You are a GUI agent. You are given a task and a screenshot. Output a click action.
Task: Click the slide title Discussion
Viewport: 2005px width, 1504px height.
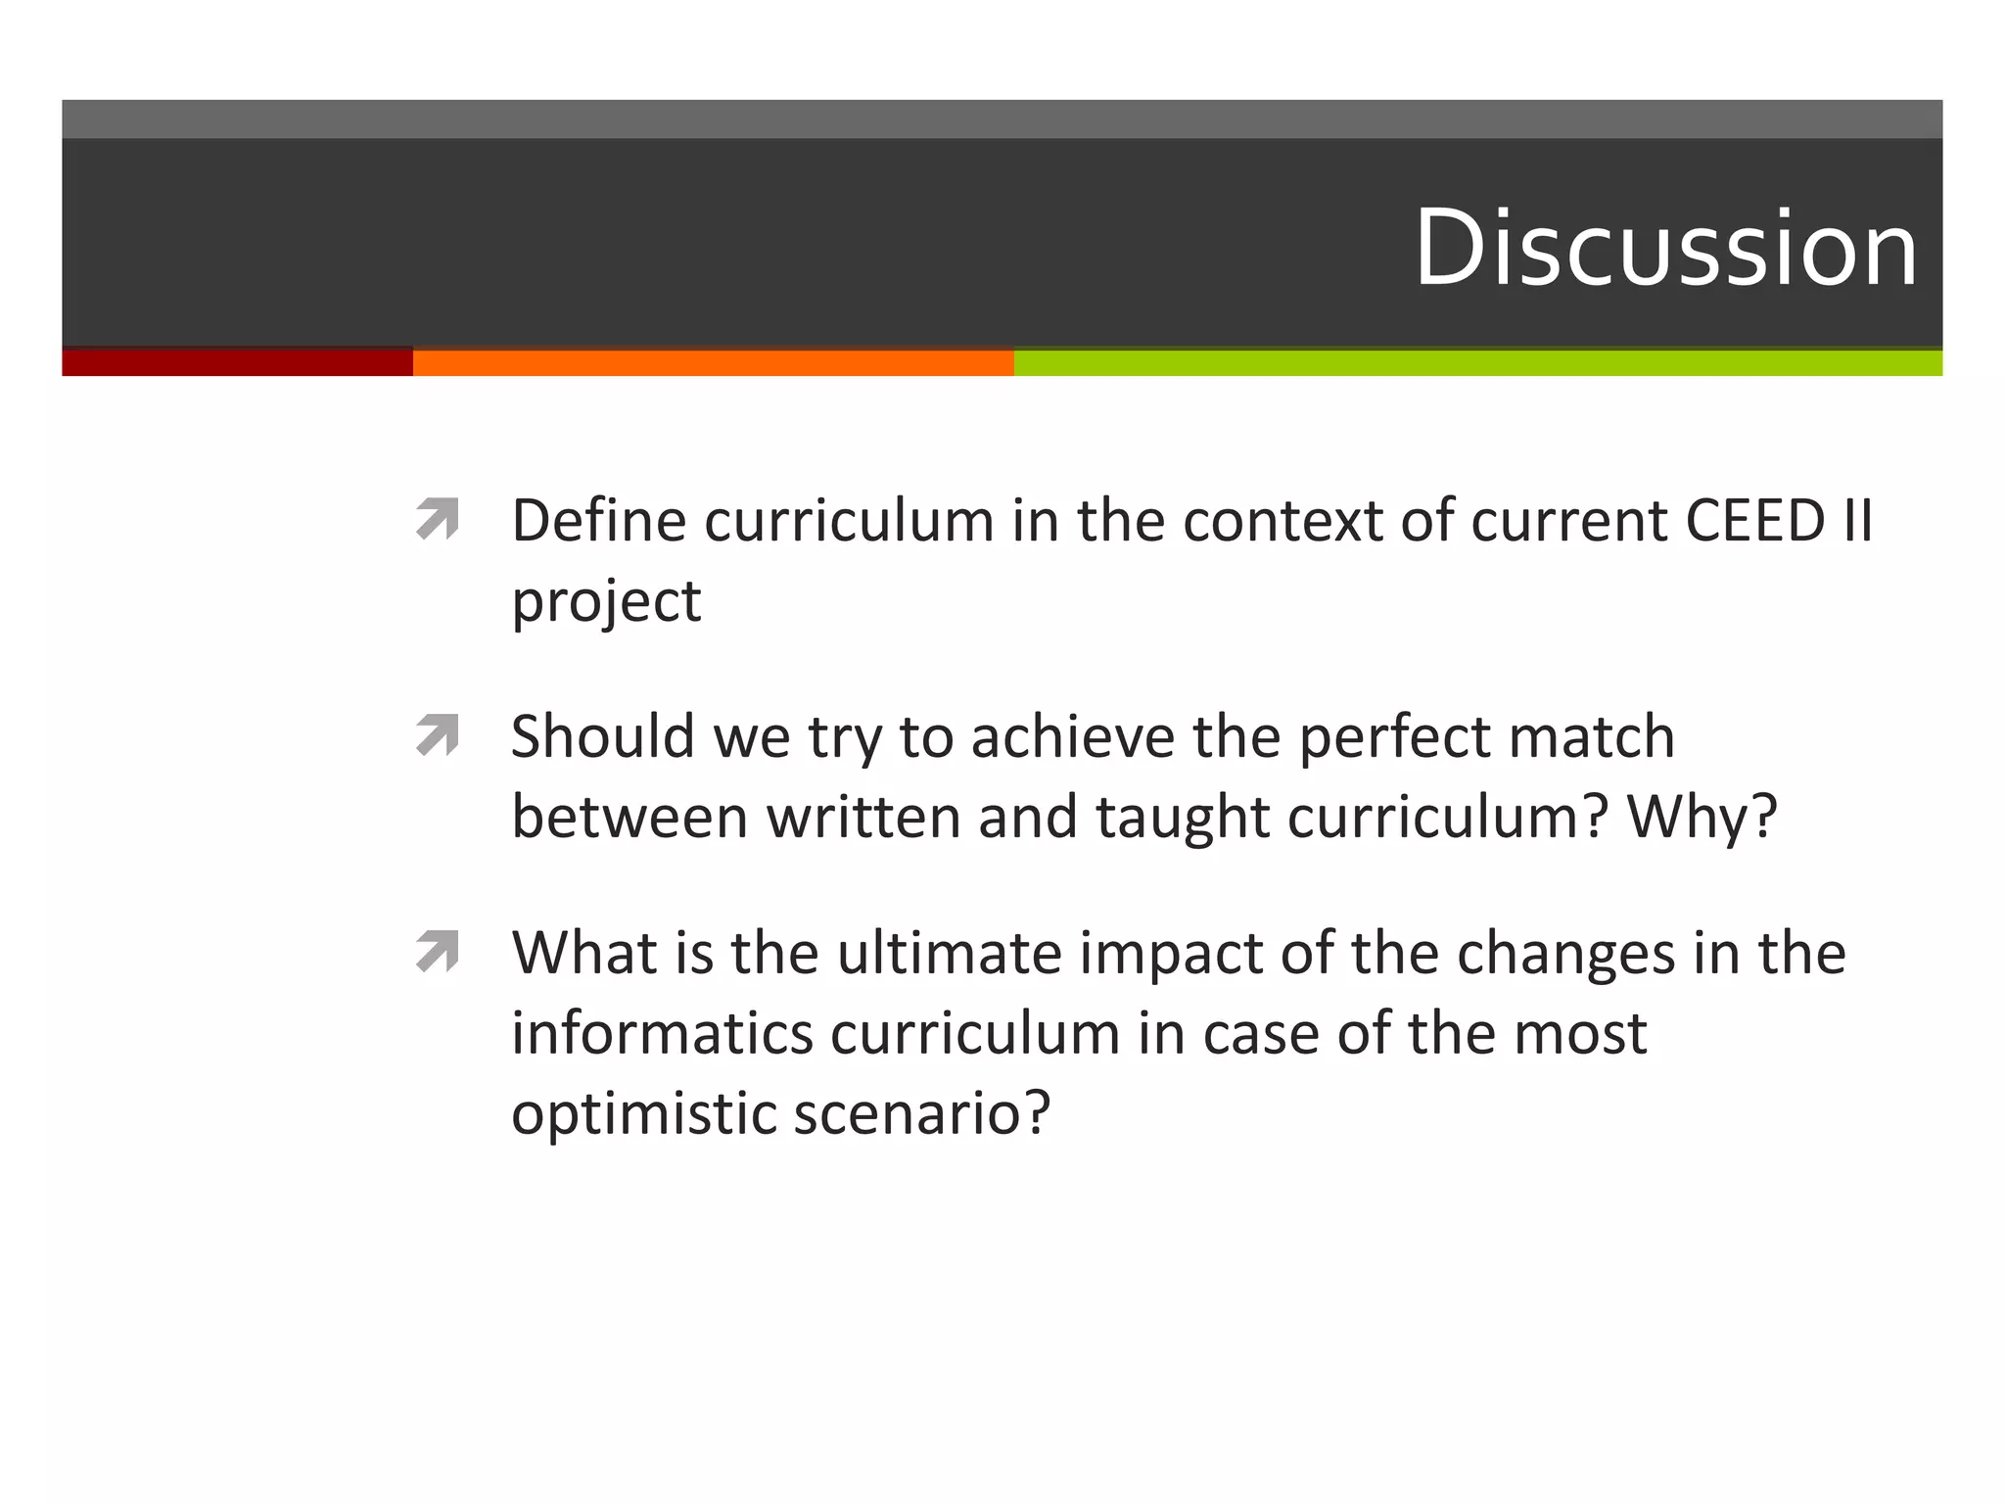tap(1665, 248)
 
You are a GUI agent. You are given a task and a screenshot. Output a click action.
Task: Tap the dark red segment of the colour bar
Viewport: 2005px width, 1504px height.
tap(237, 362)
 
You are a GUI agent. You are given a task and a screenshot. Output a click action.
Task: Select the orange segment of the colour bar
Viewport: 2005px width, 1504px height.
tap(713, 362)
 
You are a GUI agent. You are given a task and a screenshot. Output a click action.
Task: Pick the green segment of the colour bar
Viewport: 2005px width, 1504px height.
tap(1477, 362)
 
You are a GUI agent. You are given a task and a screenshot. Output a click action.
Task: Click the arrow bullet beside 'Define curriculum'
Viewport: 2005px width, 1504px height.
tap(438, 519)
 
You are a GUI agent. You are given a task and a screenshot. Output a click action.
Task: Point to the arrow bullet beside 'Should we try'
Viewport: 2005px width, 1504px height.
tap(438, 735)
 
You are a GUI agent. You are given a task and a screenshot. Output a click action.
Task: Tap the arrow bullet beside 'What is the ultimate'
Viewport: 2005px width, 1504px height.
tap(438, 952)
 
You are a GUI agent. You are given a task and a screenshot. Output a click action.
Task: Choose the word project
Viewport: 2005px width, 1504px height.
tap(606, 602)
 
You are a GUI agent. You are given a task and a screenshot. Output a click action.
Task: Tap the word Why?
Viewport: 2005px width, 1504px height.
tap(1702, 818)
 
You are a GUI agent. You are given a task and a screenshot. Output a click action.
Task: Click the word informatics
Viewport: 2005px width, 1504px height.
tap(663, 1033)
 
